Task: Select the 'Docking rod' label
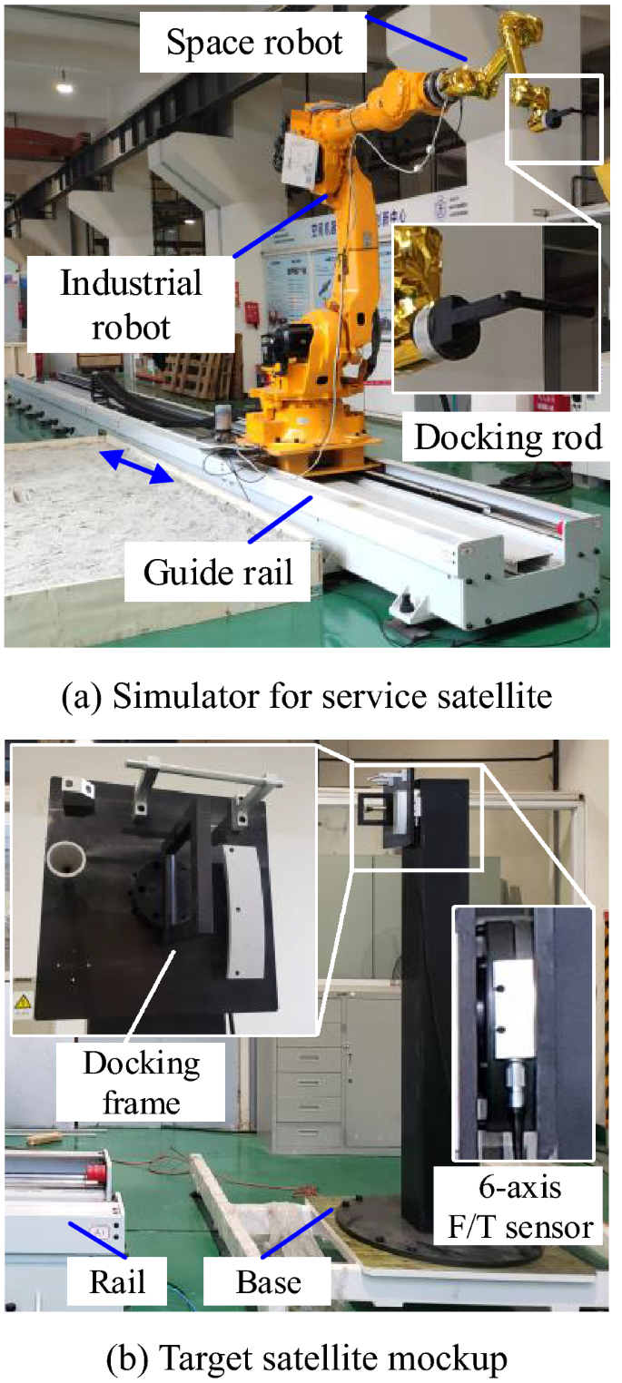pyautogui.click(x=508, y=436)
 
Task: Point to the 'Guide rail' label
pyautogui.click(x=219, y=573)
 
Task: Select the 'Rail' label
pyautogui.click(x=118, y=1282)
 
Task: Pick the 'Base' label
pyautogui.click(x=269, y=1282)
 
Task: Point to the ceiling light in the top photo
pyautogui.click(x=64, y=87)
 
